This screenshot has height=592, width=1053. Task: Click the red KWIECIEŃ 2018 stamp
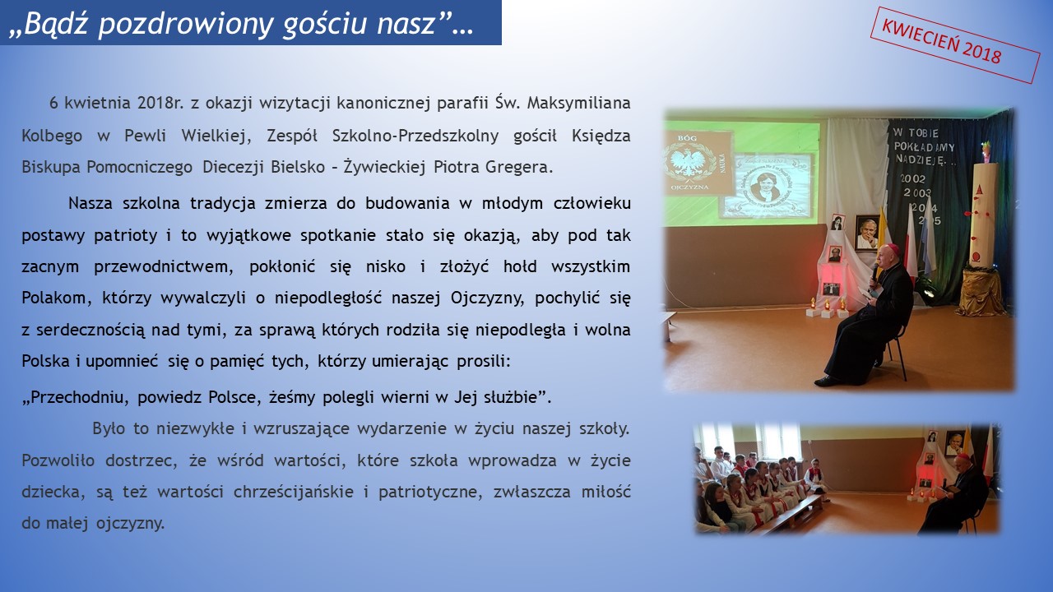(x=955, y=45)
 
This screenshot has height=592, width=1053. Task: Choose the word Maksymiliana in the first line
(x=578, y=103)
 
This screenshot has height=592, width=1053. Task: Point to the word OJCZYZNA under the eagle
(x=689, y=187)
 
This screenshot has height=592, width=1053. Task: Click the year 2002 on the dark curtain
(x=913, y=179)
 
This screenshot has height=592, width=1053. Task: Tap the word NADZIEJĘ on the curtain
(x=919, y=160)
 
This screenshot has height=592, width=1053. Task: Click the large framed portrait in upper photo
(x=867, y=233)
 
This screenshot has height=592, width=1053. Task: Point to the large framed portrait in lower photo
(x=954, y=443)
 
